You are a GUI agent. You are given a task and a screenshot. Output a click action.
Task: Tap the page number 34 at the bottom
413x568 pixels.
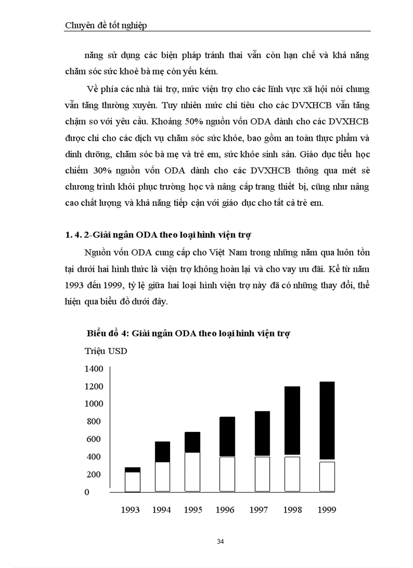(220, 541)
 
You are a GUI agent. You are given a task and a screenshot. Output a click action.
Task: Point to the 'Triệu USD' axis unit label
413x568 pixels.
(106, 351)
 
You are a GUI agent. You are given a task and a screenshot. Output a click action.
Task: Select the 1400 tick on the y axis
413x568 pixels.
(94, 369)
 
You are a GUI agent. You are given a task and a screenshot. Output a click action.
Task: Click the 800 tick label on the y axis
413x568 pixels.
(94, 421)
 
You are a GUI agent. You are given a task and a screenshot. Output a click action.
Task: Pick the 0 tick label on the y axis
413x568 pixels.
(87, 492)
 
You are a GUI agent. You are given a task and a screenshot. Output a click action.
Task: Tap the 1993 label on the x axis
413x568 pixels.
(130, 510)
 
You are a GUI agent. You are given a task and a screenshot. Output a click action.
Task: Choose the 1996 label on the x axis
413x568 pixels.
(225, 510)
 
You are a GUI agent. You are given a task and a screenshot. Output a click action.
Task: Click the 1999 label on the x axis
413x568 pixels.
(326, 510)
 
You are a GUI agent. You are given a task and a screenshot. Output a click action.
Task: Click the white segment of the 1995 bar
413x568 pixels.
(192, 471)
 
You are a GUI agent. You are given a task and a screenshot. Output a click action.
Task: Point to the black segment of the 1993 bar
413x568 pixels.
(133, 470)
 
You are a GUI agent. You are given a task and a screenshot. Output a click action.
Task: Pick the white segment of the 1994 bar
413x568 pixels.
(162, 476)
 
